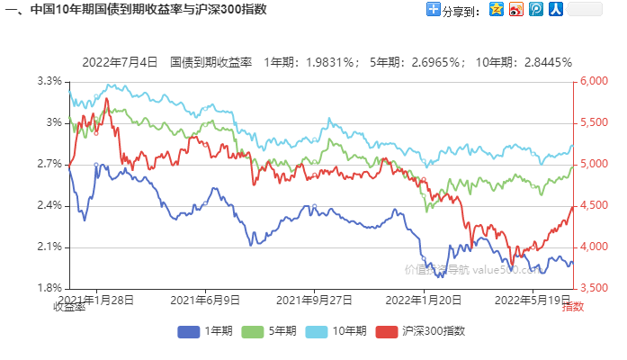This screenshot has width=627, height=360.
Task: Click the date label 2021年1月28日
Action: pos(95,298)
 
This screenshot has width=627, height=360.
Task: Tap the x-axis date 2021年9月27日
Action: pos(313,298)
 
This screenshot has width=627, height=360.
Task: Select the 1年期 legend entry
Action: pos(206,330)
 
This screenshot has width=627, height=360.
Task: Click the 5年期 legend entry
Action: pos(273,330)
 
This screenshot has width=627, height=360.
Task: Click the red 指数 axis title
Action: pos(573,308)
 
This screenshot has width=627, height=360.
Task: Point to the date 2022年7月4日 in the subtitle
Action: pos(120,62)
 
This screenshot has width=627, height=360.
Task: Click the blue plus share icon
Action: pos(434,10)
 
